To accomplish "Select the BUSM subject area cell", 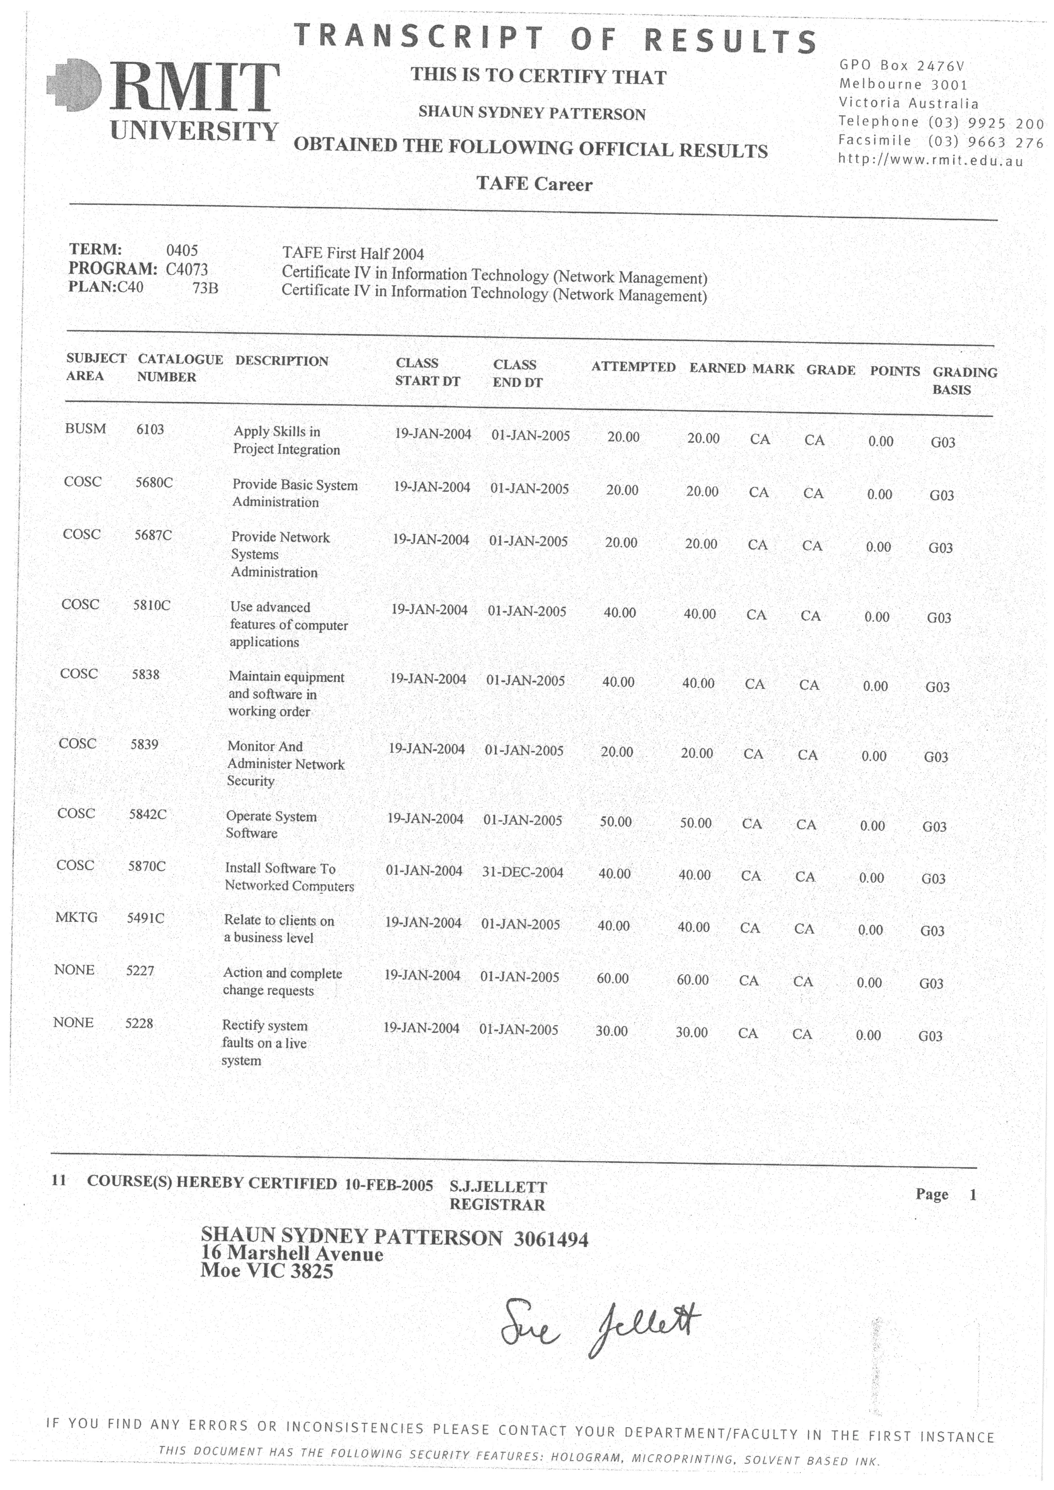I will coord(85,428).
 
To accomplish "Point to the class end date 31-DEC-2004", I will coord(522,872).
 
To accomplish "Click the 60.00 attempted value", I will coord(612,978).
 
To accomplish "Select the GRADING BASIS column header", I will coord(964,381).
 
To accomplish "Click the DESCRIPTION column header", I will coord(281,361).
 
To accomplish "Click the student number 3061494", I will coord(550,1239).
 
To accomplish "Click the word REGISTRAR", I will coord(497,1204).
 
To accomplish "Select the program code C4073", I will coord(187,269).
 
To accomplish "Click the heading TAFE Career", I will coord(534,184).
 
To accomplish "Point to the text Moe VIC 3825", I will coord(267,1270).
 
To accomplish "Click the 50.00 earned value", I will coord(696,823).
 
